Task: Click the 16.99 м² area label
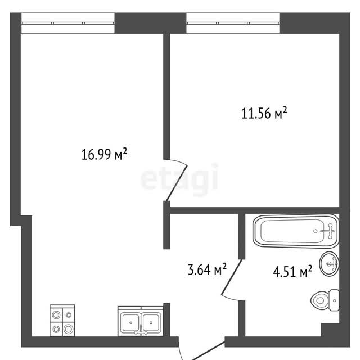click(x=104, y=154)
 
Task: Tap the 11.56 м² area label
click(x=264, y=113)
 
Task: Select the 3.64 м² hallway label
click(x=207, y=269)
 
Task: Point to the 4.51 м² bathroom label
click(x=292, y=271)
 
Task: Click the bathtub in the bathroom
click(x=296, y=231)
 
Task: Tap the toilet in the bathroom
click(x=325, y=300)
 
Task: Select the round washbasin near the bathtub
click(x=330, y=264)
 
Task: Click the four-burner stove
click(x=62, y=321)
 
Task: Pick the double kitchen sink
click(x=141, y=321)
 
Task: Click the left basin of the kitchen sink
click(x=130, y=322)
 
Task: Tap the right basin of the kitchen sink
click(x=151, y=322)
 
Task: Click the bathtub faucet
click(x=330, y=231)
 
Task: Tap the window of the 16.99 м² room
click(x=68, y=23)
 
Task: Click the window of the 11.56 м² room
click(x=233, y=23)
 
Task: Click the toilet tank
click(x=334, y=300)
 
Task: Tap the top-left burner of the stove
click(x=56, y=315)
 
